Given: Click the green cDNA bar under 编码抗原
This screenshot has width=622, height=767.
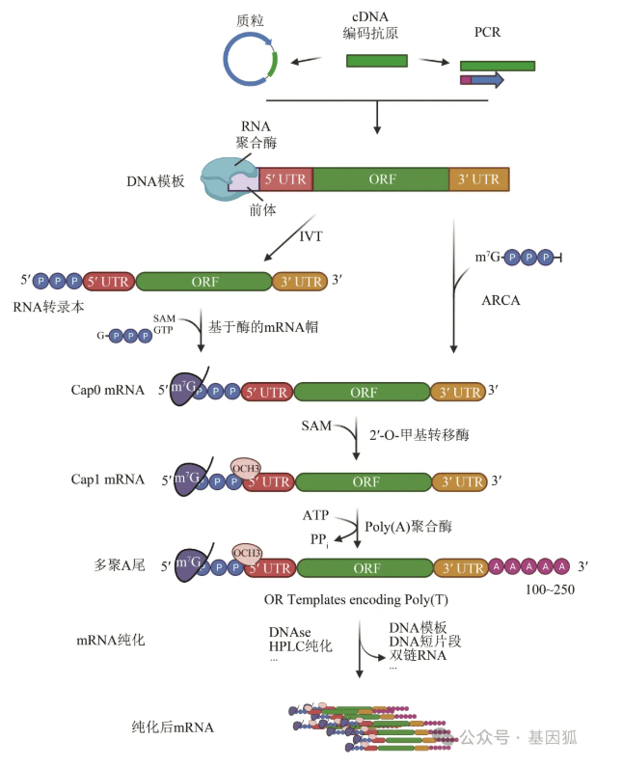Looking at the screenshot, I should pyautogui.click(x=376, y=61).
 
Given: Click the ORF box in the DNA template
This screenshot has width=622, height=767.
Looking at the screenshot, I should pyautogui.click(x=381, y=178).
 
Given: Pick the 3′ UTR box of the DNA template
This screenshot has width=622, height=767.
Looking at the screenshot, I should pyautogui.click(x=479, y=178).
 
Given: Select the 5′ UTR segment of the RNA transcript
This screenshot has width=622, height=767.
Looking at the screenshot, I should pyautogui.click(x=109, y=281).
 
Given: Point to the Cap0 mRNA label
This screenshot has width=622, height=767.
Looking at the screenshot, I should pyautogui.click(x=107, y=391).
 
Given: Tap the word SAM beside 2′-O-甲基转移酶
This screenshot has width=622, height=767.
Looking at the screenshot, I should pyautogui.click(x=315, y=425).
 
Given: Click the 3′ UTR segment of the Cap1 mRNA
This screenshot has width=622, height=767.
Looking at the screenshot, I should pyautogui.click(x=460, y=480).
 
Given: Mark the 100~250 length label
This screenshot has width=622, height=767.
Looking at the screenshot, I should pyautogui.click(x=550, y=589).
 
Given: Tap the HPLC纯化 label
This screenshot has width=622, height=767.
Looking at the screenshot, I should pyautogui.click(x=300, y=645).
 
